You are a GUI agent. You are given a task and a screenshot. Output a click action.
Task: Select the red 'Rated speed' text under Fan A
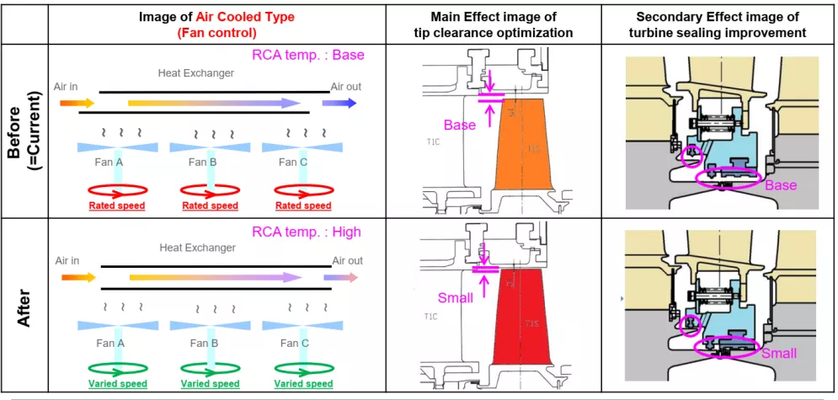pos(117,205)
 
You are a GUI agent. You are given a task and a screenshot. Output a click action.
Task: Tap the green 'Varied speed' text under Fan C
pos(303,384)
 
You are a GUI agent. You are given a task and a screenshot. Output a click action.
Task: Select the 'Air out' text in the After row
pos(347,261)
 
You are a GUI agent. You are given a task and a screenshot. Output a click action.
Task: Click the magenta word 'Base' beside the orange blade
pos(460,125)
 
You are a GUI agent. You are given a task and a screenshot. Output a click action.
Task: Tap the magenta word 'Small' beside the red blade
pos(456,297)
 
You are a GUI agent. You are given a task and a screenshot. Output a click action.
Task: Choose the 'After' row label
pos(24,305)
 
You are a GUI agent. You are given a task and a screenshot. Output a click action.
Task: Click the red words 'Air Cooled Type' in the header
pos(217,17)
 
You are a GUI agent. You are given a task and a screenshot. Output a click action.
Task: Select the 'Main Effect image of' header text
pos(494,17)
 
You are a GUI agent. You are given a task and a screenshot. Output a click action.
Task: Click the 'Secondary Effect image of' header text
pos(718,17)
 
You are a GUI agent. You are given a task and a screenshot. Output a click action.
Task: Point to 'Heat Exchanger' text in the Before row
pos(196,73)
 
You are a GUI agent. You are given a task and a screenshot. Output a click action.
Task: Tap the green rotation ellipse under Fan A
pos(117,368)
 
